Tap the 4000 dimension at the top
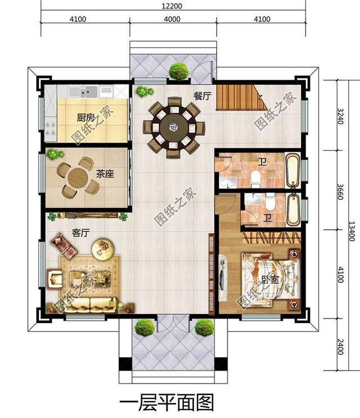(172, 19)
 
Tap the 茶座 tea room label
(105, 174)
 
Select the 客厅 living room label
(82, 232)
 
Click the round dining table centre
(171, 128)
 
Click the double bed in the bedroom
(269, 278)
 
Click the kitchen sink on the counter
(89, 91)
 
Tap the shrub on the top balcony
(178, 71)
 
